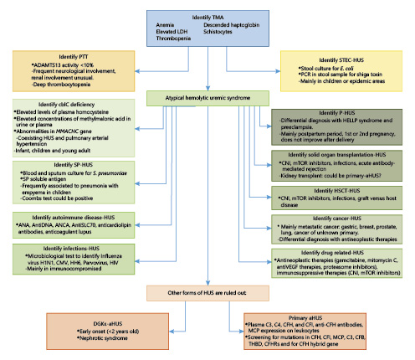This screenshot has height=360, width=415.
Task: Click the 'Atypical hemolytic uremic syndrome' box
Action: (207, 98)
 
